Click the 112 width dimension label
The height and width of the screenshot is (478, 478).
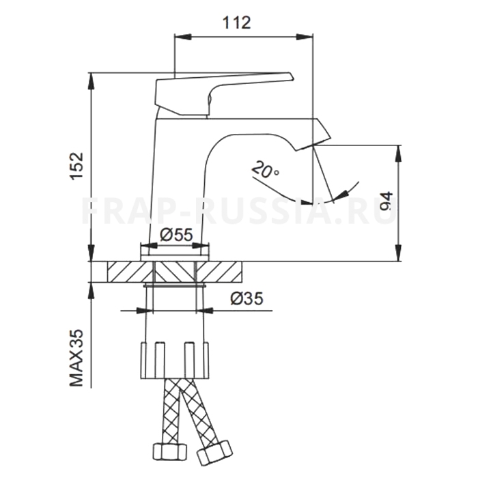[236, 23]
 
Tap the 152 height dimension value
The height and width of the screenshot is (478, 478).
[76, 166]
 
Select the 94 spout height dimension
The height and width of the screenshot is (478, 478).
[386, 201]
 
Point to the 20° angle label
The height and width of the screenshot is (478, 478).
[265, 169]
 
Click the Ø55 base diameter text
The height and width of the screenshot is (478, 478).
[176, 235]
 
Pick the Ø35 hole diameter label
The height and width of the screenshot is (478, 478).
[247, 298]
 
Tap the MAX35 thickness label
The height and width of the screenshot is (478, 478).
[76, 358]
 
